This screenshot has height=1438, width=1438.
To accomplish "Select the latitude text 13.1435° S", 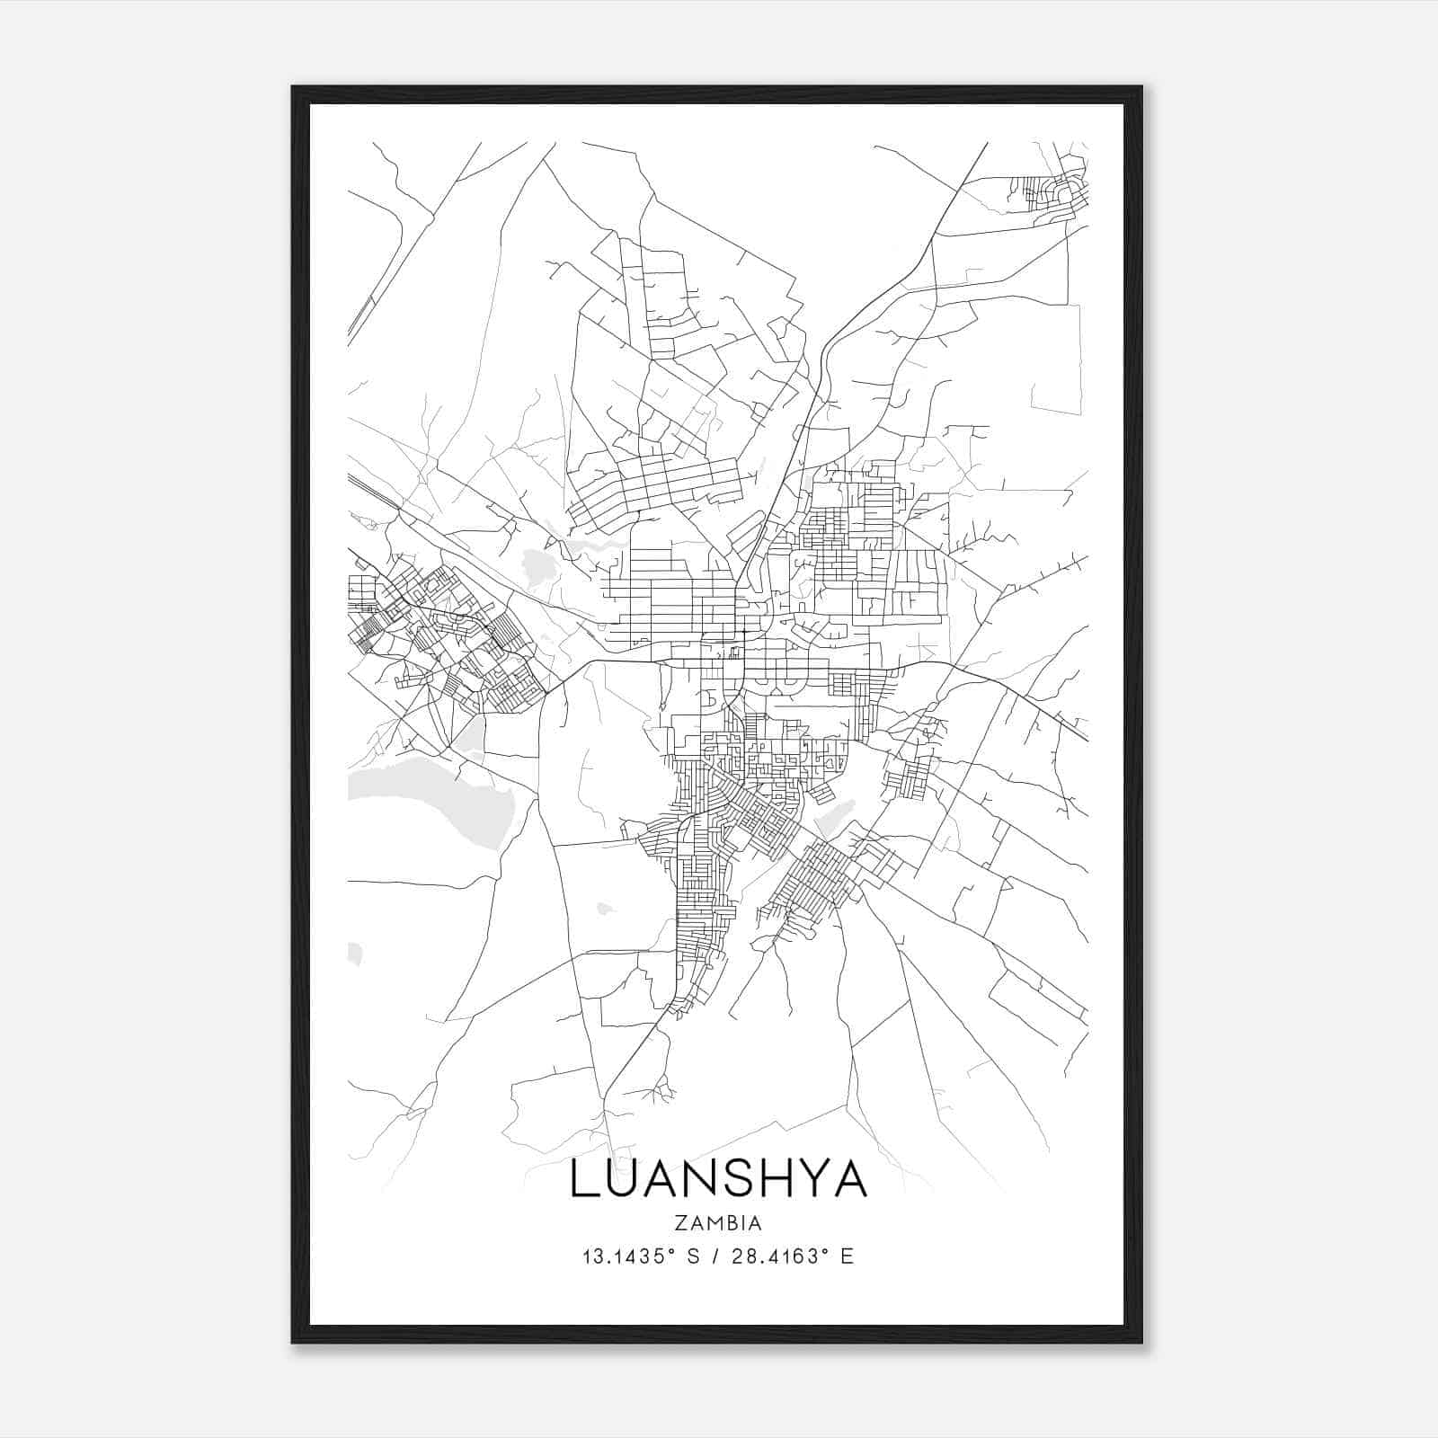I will [x=642, y=1256].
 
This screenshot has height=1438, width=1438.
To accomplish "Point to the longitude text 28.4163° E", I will [x=791, y=1256].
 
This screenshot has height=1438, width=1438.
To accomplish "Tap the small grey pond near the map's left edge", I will [x=353, y=954].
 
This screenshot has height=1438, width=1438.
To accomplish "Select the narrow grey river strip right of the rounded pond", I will [x=589, y=546].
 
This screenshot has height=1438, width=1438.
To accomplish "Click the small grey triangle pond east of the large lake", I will [x=469, y=737].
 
